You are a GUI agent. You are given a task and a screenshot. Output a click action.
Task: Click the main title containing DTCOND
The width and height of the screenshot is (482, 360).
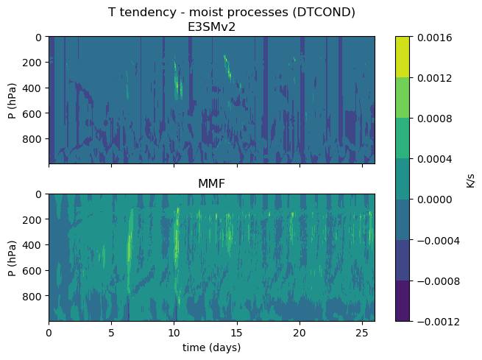pos(232,13)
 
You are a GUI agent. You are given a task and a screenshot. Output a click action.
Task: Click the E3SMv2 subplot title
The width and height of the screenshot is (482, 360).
pos(211,27)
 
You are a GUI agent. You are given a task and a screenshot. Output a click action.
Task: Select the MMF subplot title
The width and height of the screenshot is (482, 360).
pos(211,183)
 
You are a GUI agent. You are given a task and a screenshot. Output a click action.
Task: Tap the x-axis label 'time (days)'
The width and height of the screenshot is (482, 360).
pos(211,347)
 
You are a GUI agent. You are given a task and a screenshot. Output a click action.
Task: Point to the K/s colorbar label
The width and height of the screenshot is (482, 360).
pos(470,180)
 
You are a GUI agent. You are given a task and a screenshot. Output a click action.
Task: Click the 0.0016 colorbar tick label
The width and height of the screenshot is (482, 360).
pos(435,38)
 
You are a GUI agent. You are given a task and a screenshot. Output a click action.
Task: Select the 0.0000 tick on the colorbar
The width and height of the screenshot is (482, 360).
pos(435,200)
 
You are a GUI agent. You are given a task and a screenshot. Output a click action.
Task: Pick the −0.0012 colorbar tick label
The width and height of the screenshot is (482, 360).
pos(439,322)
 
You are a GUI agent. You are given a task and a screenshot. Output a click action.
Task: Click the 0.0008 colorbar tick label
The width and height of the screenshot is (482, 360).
pos(435,119)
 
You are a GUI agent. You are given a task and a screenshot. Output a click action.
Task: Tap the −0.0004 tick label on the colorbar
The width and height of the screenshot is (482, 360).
pos(439,241)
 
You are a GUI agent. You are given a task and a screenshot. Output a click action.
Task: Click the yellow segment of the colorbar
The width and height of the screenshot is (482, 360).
pos(403,57)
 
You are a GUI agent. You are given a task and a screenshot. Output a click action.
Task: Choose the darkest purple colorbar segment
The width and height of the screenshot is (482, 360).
pos(403,301)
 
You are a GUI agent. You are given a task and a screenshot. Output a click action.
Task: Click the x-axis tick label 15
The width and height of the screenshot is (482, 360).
pos(237,333)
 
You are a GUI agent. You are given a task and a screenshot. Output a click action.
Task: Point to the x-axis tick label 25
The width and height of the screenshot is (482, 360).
pos(363,333)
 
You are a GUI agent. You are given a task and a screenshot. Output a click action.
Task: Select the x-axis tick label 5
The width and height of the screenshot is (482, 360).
pos(111,333)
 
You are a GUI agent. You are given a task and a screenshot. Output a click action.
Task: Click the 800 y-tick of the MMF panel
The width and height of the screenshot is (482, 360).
pos(32,297)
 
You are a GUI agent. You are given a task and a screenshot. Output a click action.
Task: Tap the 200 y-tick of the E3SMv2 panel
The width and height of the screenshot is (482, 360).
pos(32,63)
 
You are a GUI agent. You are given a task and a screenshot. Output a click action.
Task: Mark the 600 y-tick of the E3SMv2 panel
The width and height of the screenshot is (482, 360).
pos(32,114)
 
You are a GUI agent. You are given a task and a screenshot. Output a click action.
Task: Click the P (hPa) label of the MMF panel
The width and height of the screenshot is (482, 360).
pos(13,258)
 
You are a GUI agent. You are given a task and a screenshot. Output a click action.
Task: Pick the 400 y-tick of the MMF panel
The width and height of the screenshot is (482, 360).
pos(32,245)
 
